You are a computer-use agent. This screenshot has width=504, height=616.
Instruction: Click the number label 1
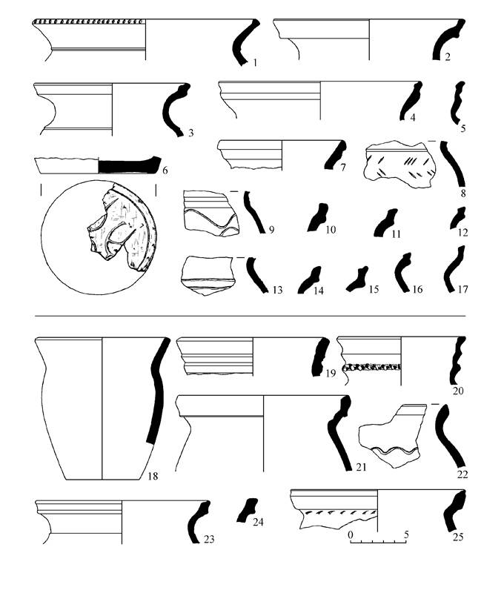coord(255,62)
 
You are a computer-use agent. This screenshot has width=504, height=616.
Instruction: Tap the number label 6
coord(165,170)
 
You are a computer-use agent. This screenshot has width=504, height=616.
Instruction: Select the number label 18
coord(153,476)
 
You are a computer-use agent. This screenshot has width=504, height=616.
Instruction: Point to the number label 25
coord(458,536)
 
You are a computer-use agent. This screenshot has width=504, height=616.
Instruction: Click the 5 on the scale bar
coord(407,534)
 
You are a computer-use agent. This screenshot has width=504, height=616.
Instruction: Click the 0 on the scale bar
coord(351,534)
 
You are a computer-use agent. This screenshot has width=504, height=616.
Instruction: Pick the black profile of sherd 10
coord(317,217)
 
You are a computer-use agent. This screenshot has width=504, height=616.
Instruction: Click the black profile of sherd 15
coord(357,279)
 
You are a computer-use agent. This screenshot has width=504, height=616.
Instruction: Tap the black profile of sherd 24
coord(247,510)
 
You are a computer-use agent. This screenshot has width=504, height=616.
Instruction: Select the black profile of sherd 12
coord(458,218)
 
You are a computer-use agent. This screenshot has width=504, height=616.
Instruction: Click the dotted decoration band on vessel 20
coord(371,368)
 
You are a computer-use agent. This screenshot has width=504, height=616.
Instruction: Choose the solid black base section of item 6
coord(129,165)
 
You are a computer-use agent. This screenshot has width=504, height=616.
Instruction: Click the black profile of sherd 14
coord(310,279)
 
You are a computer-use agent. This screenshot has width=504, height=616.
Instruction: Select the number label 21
coord(361,467)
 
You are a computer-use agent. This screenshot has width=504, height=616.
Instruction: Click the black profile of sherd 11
coord(385,222)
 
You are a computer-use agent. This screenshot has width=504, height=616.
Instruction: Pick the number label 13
coord(277,290)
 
